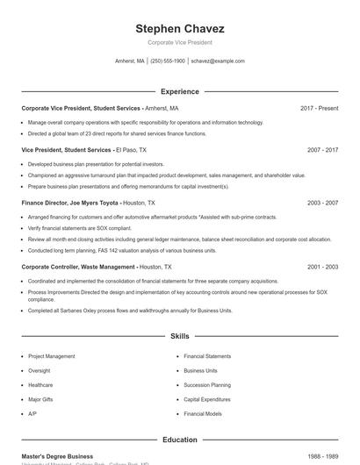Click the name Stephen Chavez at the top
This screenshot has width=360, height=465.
click(179, 28)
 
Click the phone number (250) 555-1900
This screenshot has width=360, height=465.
click(168, 61)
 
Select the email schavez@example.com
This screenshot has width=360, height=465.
click(218, 61)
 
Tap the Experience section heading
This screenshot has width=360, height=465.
click(179, 91)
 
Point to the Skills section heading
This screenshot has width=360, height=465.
click(179, 336)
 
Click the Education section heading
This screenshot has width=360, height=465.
click(179, 440)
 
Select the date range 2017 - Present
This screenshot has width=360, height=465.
click(319, 108)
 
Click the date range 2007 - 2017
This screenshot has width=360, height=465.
click(322, 150)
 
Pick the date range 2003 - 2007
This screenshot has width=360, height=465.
click(322, 203)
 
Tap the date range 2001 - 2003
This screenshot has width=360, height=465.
click(322, 266)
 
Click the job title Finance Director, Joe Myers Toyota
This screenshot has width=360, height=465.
click(69, 203)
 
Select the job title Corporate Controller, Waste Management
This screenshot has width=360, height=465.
click(78, 266)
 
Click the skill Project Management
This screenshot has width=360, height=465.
click(52, 356)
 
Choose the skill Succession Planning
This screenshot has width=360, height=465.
click(207, 384)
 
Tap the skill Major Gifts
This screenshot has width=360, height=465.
click(40, 398)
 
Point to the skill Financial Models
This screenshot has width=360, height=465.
click(204, 412)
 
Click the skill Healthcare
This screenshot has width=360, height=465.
click(40, 384)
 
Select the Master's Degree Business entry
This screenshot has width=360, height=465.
click(57, 456)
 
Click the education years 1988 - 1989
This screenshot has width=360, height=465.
click(322, 456)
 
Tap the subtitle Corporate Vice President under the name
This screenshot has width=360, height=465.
click(179, 42)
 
